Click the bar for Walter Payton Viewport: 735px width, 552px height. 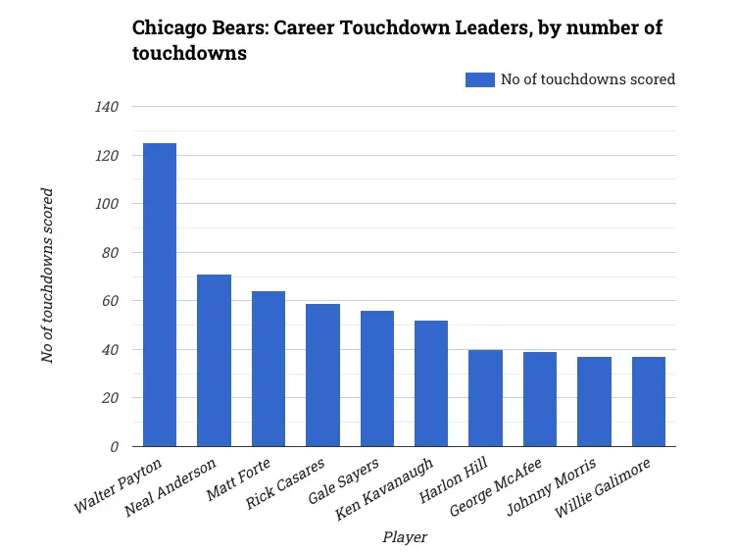click(160, 294)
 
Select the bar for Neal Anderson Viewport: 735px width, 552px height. click(214, 360)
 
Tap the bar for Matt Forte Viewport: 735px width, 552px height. click(269, 369)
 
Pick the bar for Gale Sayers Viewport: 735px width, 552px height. click(377, 378)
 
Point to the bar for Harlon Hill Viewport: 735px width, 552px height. click(485, 398)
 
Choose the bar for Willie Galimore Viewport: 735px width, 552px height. click(649, 402)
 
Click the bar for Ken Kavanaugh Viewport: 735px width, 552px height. click(431, 383)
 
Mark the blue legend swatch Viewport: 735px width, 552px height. click(480, 79)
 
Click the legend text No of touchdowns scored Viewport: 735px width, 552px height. click(588, 79)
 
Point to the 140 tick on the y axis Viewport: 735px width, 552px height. click(108, 107)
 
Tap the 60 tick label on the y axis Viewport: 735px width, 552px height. click(112, 301)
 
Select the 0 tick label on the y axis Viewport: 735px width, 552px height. click(115, 447)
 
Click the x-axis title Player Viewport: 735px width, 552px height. click(403, 536)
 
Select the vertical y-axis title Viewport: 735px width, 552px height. click(47, 276)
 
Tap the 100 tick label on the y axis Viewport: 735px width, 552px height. click(108, 204)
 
